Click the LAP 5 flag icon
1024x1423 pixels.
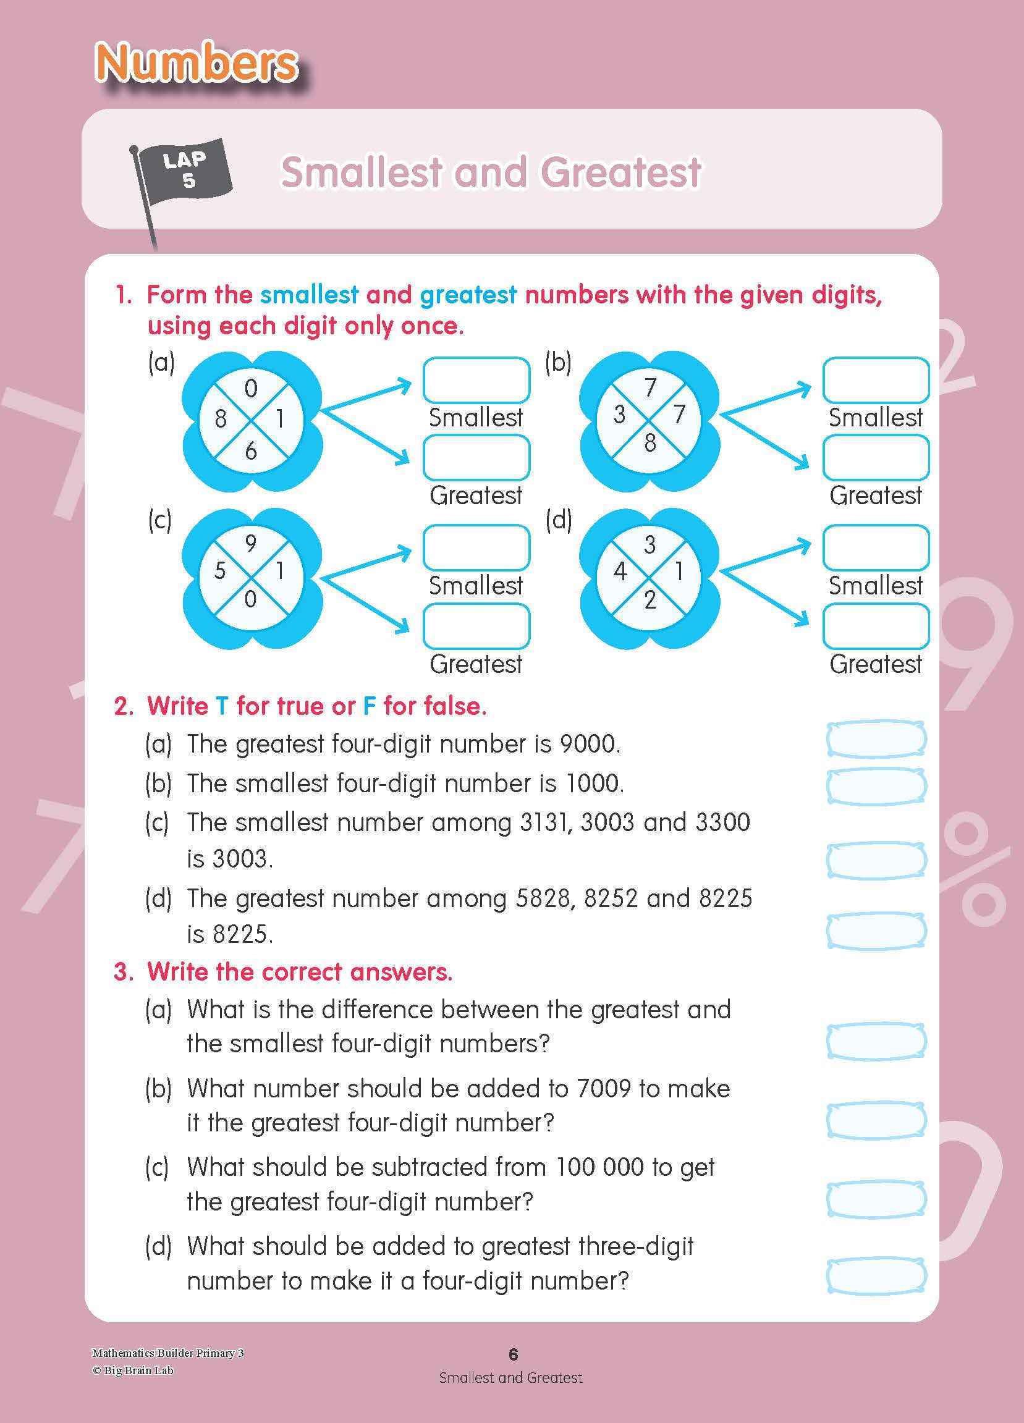click(x=182, y=171)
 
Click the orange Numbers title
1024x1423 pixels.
click(x=197, y=64)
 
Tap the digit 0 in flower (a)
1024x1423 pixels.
click(x=251, y=389)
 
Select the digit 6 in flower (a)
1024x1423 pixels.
click(x=251, y=450)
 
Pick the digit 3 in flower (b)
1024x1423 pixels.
click(x=619, y=414)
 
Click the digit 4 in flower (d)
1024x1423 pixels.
click(x=620, y=571)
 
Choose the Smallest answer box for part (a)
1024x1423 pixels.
click(x=476, y=380)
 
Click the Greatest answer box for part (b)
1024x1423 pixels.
click(x=876, y=457)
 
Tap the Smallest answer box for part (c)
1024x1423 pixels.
click(x=476, y=547)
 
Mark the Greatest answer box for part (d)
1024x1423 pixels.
click(x=876, y=625)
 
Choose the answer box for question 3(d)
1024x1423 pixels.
click(x=876, y=1275)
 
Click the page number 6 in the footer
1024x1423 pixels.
click(x=514, y=1354)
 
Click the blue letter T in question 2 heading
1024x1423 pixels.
click(x=222, y=706)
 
